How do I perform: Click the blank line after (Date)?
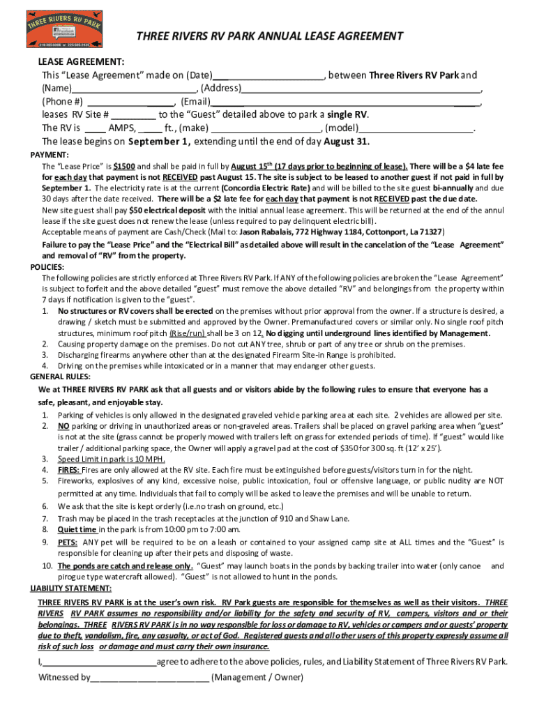268,76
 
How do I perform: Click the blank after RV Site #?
133,116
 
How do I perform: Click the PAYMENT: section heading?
49,154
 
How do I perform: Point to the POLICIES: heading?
48,267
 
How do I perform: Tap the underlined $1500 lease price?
125,167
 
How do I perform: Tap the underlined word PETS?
68,542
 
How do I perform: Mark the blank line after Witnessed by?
149,677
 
